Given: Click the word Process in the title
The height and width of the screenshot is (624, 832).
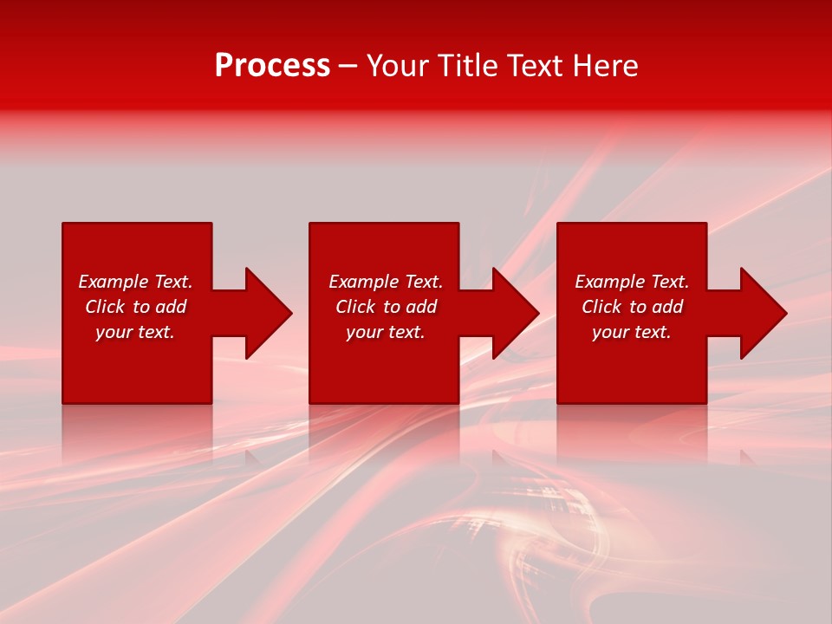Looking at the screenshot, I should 272,65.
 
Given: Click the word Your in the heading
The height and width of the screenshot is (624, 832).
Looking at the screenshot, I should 399,66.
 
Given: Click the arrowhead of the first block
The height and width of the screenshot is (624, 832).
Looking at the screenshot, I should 268,313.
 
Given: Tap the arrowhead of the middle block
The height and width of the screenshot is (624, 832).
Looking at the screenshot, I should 515,313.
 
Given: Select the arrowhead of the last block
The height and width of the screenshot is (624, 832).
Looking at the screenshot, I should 763,313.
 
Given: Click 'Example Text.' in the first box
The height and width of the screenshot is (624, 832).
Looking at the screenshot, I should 135,282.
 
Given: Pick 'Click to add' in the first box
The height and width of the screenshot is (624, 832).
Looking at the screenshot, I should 135,307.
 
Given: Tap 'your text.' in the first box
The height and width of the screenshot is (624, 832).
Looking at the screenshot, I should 135,332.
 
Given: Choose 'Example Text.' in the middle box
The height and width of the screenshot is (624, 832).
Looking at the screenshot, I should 386,282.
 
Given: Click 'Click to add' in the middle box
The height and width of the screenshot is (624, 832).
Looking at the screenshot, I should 386,307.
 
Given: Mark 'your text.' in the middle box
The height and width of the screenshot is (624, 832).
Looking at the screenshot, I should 386,332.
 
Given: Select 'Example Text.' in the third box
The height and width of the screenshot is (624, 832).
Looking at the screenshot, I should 632,282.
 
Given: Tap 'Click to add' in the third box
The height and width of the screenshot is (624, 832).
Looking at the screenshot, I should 632,307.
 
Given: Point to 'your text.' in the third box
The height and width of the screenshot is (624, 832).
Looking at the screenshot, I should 632,332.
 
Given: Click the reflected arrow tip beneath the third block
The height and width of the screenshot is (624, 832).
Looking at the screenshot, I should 747,456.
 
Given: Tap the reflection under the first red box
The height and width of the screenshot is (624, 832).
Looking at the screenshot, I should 137,429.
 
